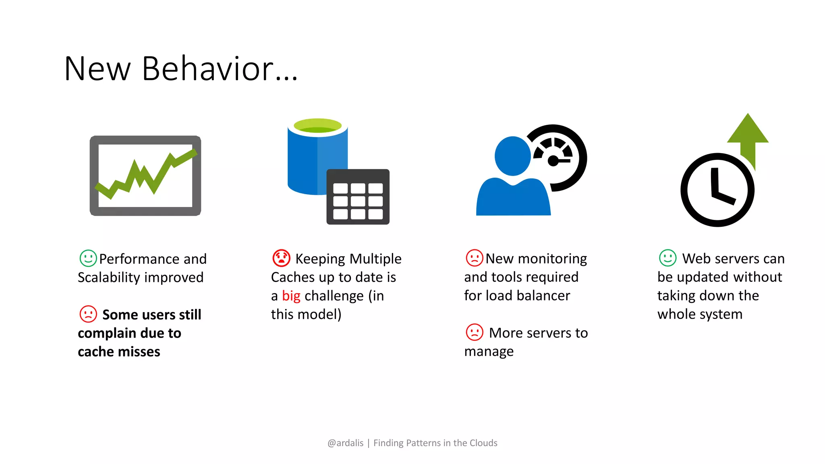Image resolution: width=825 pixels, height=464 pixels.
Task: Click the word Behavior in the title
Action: pos(208,68)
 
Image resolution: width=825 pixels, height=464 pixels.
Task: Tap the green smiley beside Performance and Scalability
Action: pos(88,258)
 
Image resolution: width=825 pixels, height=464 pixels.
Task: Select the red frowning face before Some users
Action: pos(88,314)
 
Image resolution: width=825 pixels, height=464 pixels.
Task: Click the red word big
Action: pos(291,296)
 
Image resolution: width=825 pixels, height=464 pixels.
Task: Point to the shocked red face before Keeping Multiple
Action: pos(281,258)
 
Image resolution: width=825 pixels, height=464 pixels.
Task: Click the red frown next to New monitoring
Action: pos(474,258)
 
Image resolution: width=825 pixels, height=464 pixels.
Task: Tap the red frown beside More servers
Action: pos(474,333)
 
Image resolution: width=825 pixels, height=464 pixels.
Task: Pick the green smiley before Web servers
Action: pos(667,258)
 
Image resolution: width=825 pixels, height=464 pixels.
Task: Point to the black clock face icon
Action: pos(717,190)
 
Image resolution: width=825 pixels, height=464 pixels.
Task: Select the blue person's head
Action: pos(512,156)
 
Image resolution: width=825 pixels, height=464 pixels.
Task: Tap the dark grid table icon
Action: pos(358,197)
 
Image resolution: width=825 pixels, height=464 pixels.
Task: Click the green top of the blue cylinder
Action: pos(318,126)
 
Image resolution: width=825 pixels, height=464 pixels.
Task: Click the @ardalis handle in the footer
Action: pos(345,443)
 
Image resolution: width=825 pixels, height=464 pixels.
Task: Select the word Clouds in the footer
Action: pos(483,443)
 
